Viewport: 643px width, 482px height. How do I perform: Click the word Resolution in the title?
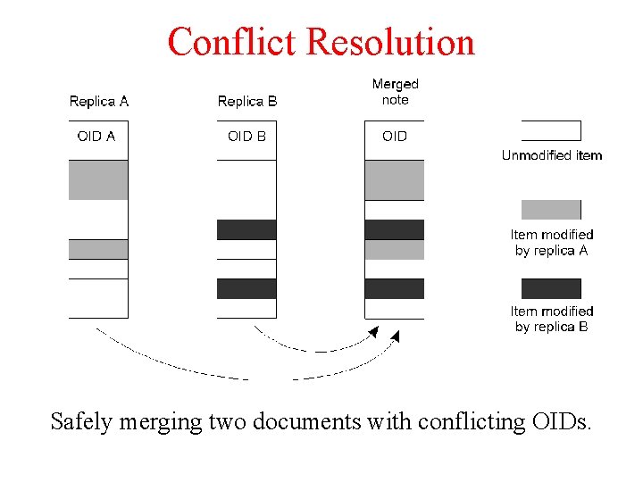[x=390, y=42]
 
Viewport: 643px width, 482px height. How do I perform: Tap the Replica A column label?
[x=98, y=101]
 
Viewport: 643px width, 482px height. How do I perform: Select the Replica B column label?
[x=247, y=101]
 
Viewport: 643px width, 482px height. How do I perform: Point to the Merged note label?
[x=395, y=92]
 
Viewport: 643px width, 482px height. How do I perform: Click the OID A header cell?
[x=96, y=137]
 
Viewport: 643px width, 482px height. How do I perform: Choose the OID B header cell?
[x=246, y=137]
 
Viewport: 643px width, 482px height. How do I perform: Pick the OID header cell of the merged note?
[x=394, y=137]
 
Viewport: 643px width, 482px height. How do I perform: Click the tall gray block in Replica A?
[x=98, y=179]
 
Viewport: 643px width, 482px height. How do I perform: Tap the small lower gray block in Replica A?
[x=98, y=249]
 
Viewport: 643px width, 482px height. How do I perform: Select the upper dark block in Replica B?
[x=246, y=229]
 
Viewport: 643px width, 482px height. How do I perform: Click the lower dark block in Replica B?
[x=246, y=288]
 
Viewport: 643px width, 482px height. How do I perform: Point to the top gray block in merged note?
[x=394, y=179]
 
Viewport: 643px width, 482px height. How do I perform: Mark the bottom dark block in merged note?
[x=394, y=288]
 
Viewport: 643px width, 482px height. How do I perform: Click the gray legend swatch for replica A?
[x=551, y=210]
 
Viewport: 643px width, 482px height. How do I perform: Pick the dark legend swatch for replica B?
[x=551, y=288]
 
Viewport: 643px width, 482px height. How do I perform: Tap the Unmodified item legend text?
[x=552, y=155]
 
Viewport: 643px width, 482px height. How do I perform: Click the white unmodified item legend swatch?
[x=551, y=131]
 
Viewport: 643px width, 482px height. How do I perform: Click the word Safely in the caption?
[x=82, y=421]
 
